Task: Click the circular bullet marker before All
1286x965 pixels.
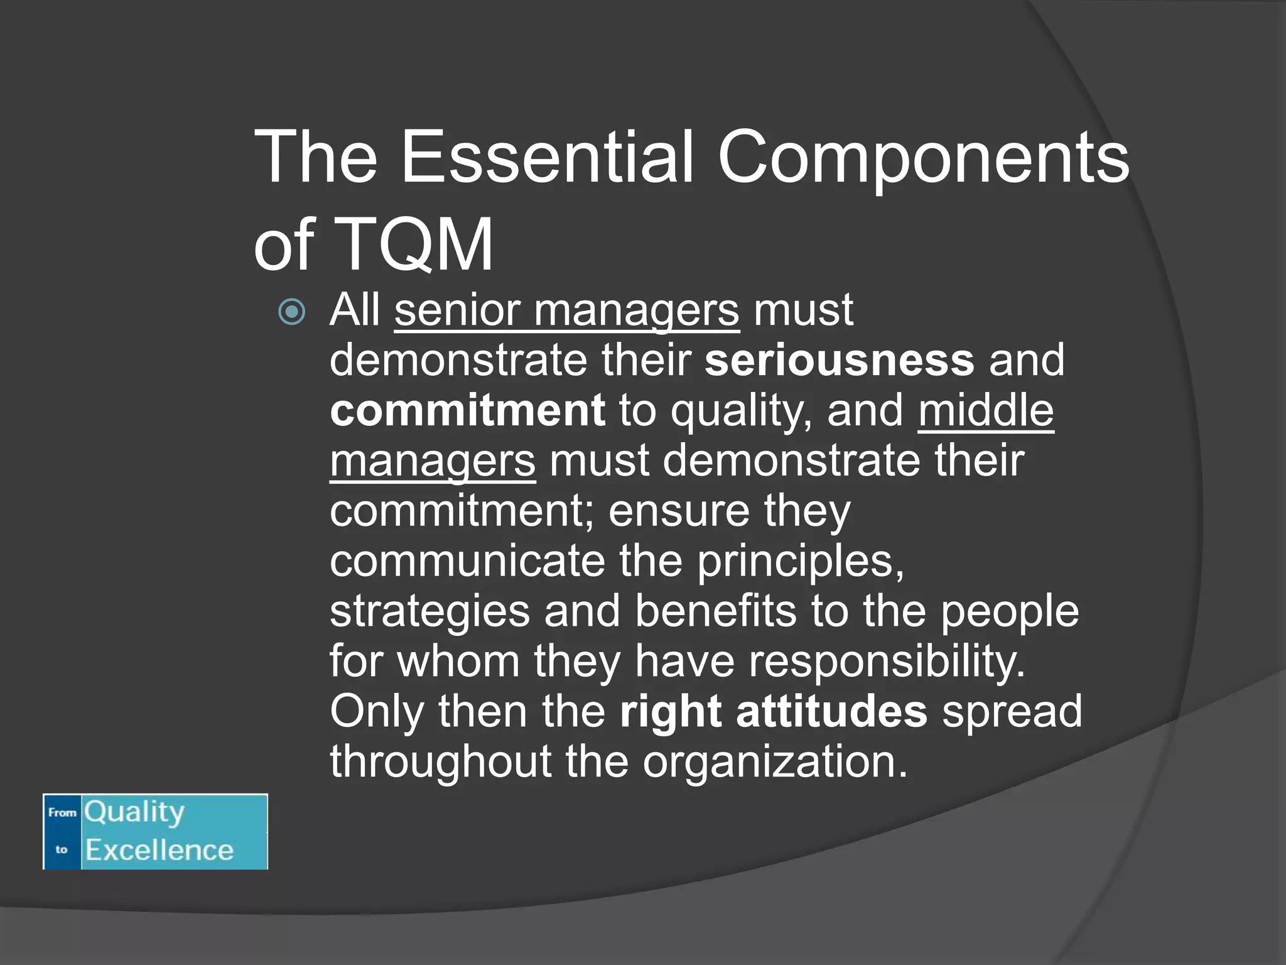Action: pyautogui.click(x=292, y=312)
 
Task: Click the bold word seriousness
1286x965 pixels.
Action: pyautogui.click(x=840, y=361)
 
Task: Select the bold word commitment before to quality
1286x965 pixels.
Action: pyautogui.click(x=468, y=411)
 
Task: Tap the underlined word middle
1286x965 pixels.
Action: pyautogui.click(x=986, y=411)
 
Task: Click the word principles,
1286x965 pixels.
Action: pyautogui.click(x=801, y=562)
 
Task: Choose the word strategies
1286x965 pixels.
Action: pyautogui.click(x=430, y=612)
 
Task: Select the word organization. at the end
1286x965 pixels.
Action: pyautogui.click(x=775, y=763)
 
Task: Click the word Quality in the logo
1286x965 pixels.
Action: pyautogui.click(x=135, y=813)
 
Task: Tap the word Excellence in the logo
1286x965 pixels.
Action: pyautogui.click(x=159, y=851)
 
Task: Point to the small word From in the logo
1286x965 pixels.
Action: pyautogui.click(x=62, y=813)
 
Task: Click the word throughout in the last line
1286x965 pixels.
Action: pyautogui.click(x=440, y=761)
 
